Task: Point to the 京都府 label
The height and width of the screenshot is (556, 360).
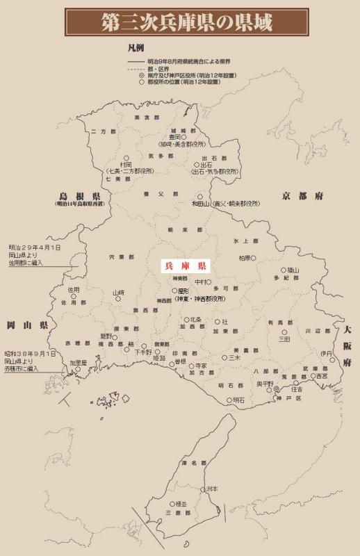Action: (302, 197)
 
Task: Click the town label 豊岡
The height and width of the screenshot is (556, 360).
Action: (173, 138)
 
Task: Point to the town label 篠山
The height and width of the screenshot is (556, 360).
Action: (293, 270)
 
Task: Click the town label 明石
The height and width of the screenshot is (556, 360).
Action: (238, 400)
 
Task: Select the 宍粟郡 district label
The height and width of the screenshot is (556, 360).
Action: (122, 257)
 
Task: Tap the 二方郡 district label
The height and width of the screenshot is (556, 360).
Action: (101, 131)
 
